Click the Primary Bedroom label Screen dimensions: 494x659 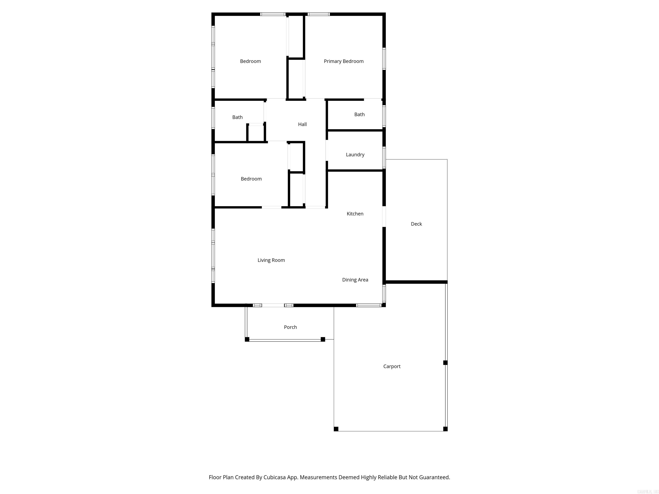[343, 61]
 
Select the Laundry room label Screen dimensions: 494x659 [355, 155]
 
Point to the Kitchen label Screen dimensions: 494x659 [355, 214]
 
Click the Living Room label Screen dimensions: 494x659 [271, 260]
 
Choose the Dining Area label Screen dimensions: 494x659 [355, 280]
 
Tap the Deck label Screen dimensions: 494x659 [416, 224]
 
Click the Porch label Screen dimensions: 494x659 [290, 327]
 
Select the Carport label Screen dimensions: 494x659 [392, 367]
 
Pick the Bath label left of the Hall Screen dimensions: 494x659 [237, 117]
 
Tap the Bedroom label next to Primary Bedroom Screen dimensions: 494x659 [250, 61]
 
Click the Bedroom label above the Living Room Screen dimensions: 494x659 [251, 179]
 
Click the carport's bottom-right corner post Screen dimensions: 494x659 [445, 429]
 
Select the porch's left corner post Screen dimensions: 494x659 [247, 339]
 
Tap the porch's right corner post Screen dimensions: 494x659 [323, 339]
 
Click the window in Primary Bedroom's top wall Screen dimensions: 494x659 [319, 14]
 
